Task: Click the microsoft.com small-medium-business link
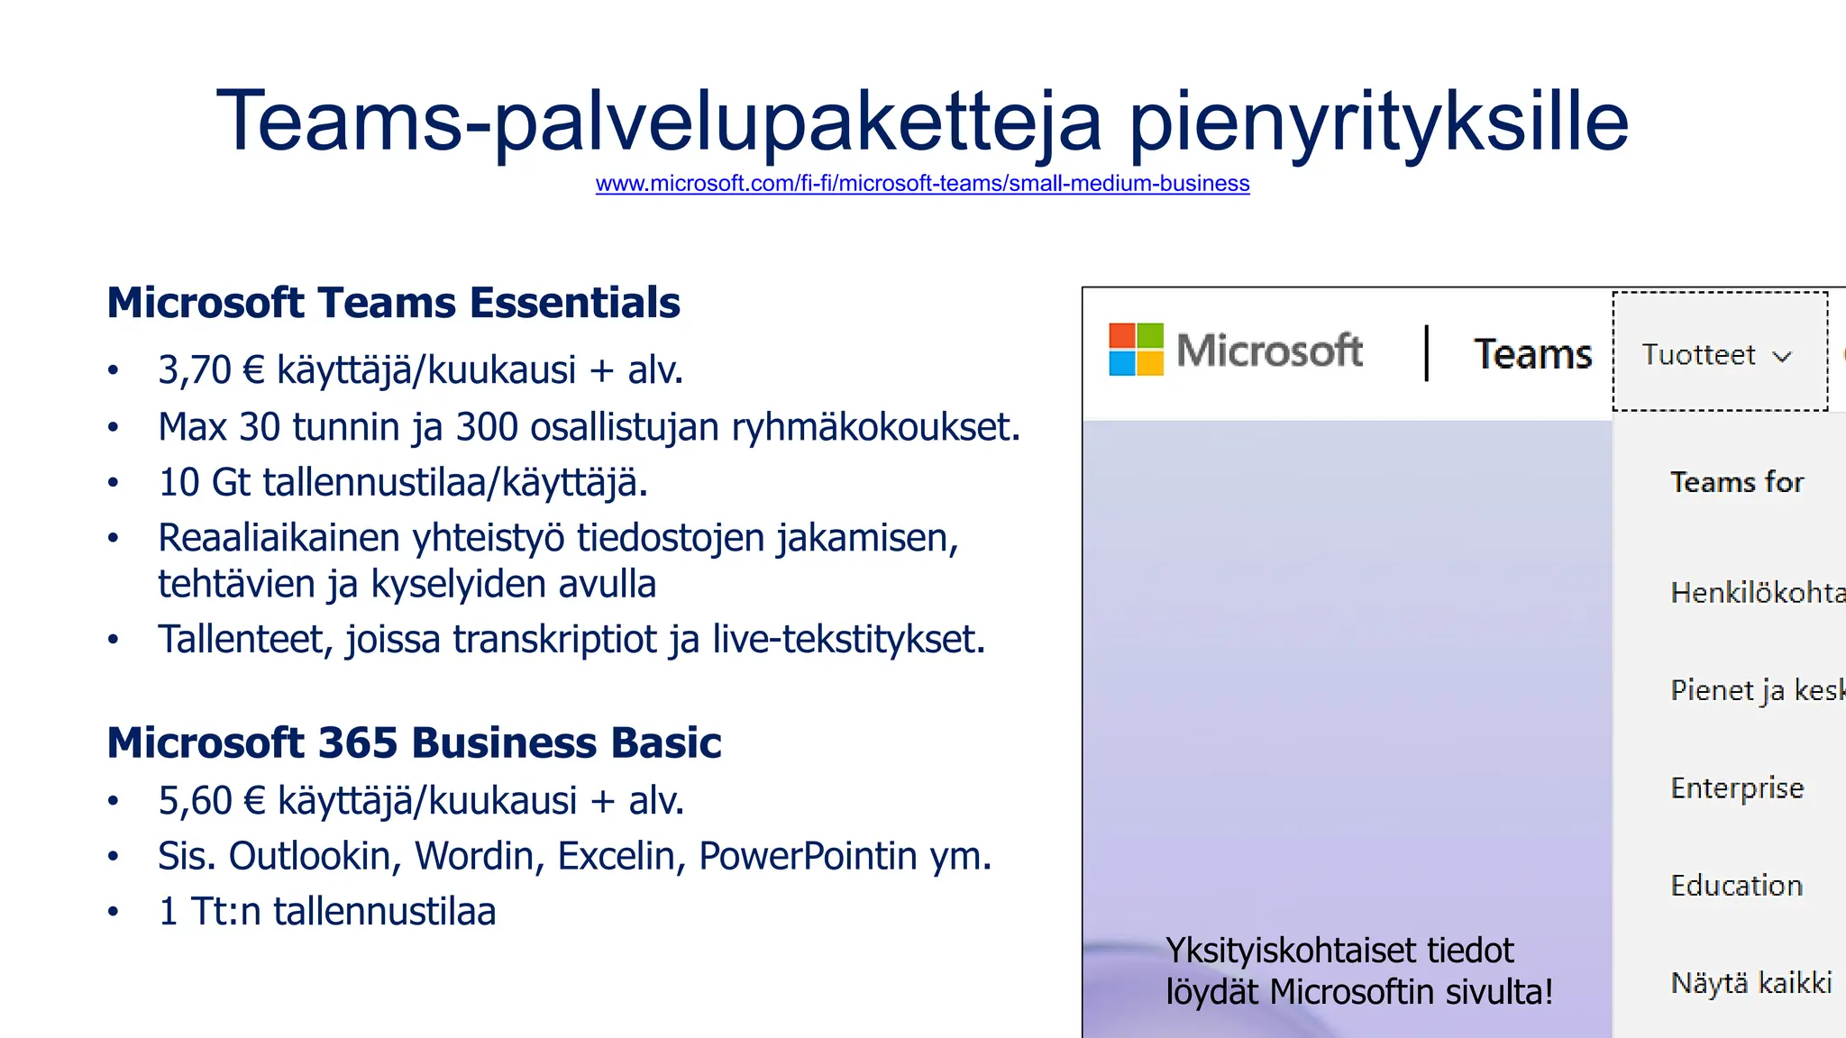pyautogui.click(x=922, y=184)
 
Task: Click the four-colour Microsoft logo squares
pyautogui.click(x=1136, y=350)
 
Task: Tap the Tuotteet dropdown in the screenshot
pyautogui.click(x=1718, y=354)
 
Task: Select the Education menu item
pyautogui.click(x=1736, y=885)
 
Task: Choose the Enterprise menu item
pyautogui.click(x=1737, y=788)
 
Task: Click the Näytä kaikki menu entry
pyautogui.click(x=1750, y=982)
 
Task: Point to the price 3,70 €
pyautogui.click(x=211, y=369)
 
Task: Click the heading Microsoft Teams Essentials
pyautogui.click(x=393, y=303)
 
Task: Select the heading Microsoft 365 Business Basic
pyautogui.click(x=414, y=742)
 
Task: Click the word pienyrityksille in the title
pyautogui.click(x=1378, y=121)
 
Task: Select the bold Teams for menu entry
pyautogui.click(x=1736, y=482)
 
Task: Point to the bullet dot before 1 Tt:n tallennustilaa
pyautogui.click(x=113, y=912)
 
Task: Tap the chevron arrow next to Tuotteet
pyautogui.click(x=1782, y=356)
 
